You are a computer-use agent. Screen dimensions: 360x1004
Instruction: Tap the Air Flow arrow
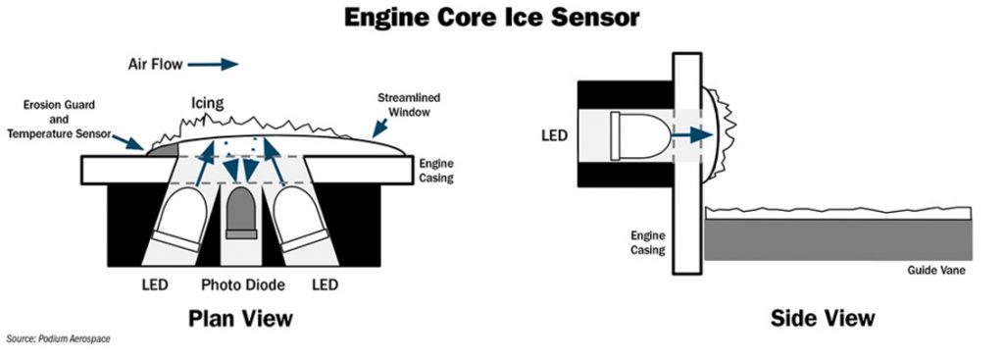[213, 65]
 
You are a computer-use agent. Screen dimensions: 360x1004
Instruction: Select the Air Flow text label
[151, 65]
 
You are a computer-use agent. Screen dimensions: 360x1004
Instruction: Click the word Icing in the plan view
[206, 101]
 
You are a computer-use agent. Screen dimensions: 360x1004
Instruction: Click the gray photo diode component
[241, 215]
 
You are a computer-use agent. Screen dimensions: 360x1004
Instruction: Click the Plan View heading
[241, 319]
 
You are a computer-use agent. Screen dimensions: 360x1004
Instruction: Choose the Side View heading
[823, 319]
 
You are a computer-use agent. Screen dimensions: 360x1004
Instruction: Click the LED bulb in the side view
[636, 134]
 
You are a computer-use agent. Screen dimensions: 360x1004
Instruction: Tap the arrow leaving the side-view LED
[693, 134]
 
